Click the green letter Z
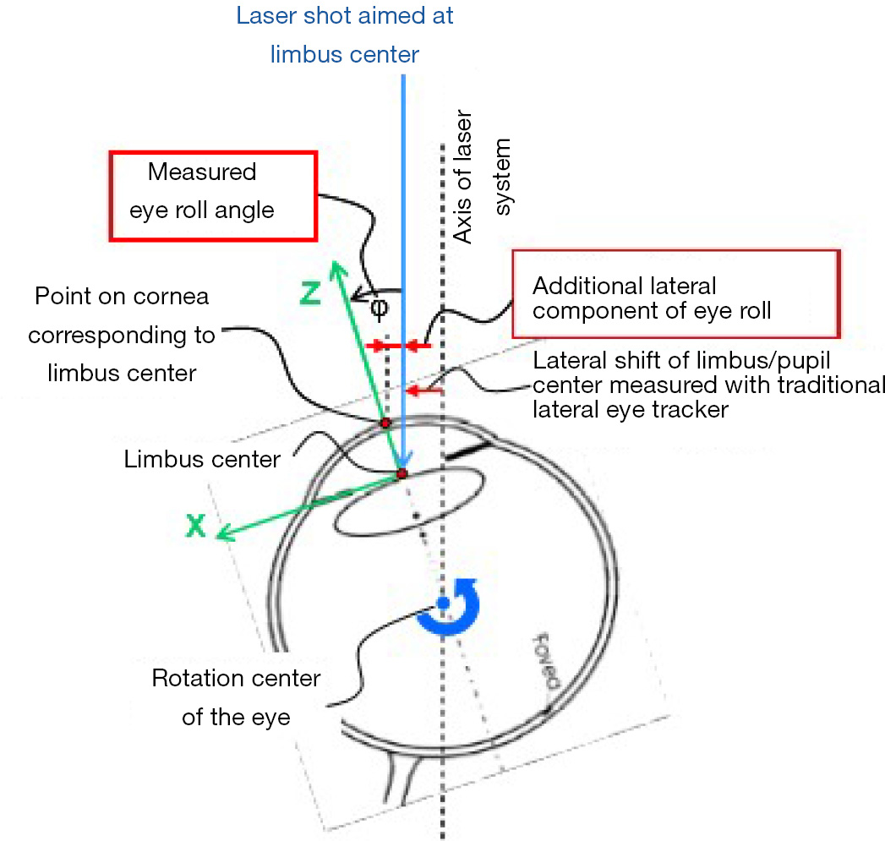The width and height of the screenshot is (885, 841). coord(309,292)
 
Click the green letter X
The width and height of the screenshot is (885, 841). coord(196,526)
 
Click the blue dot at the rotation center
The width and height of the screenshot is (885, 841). coord(442,603)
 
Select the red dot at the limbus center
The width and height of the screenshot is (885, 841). coord(402,473)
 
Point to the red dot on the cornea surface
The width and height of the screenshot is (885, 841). coord(385,422)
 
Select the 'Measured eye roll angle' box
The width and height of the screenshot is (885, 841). coord(212,194)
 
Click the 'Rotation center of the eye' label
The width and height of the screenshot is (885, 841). coord(236,698)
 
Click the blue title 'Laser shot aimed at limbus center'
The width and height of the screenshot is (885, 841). coord(345,35)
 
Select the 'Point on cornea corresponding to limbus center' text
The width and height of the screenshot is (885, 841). coord(122,335)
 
